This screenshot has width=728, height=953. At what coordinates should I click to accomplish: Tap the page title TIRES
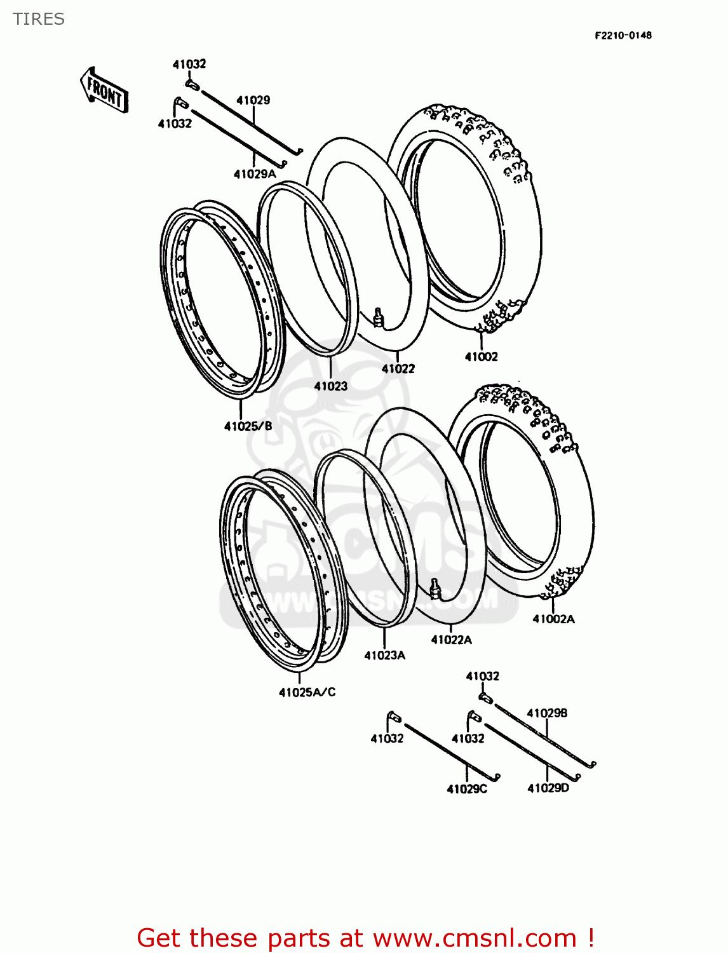point(39,19)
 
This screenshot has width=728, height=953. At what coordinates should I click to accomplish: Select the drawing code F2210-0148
point(623,36)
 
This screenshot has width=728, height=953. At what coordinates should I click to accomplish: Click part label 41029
point(253,100)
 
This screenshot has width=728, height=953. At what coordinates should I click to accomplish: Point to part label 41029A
point(255,174)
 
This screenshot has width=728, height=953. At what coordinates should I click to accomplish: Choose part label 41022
point(398,368)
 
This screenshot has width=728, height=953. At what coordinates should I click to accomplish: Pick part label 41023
point(330,386)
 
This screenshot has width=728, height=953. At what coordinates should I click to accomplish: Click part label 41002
point(481,356)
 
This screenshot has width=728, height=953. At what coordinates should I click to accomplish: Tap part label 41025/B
point(248,426)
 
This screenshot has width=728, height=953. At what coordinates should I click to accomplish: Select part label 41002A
point(553,619)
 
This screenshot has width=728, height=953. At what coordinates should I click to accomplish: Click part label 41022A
point(451,640)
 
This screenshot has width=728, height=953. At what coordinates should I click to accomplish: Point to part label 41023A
point(384,655)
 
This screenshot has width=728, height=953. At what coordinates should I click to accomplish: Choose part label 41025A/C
point(307,692)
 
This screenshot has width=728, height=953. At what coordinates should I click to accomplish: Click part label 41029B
point(547,713)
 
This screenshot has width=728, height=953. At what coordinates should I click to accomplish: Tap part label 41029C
point(467,789)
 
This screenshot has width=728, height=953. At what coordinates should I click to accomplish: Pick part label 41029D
point(548,788)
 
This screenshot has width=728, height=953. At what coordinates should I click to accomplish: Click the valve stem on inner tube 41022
point(379,317)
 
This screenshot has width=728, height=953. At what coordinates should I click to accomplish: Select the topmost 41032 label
point(189,64)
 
